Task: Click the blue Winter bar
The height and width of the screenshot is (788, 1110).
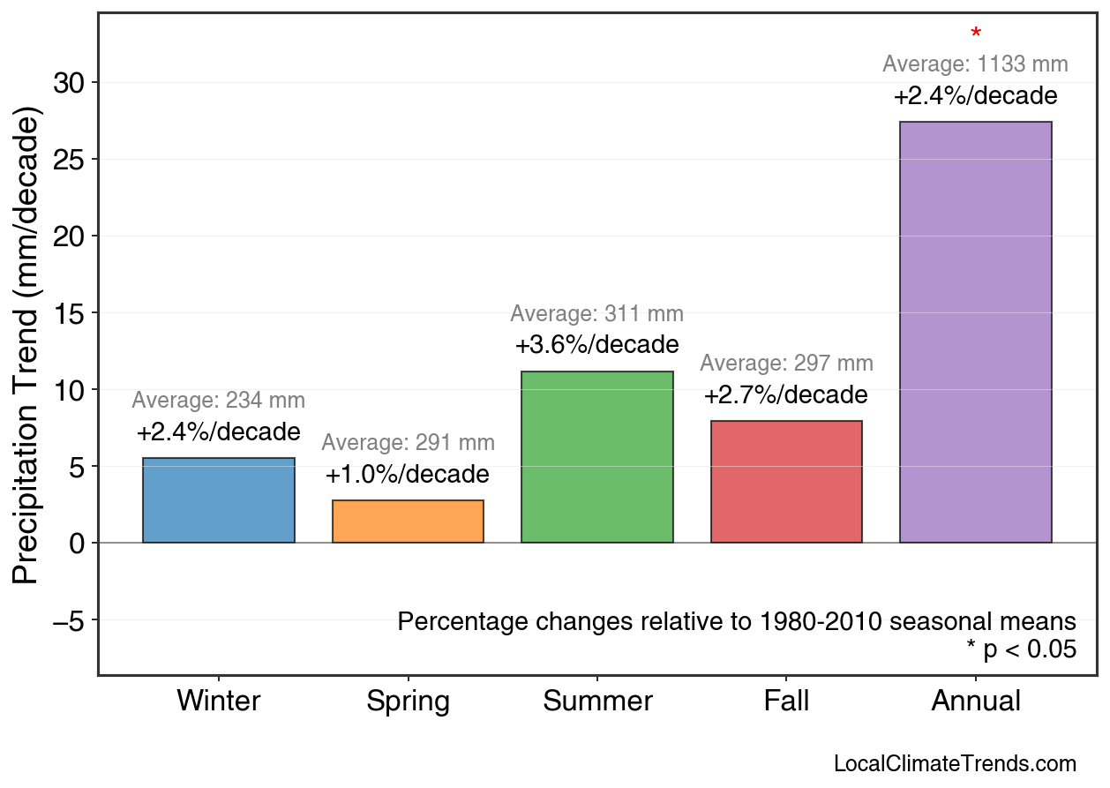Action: pos(218,500)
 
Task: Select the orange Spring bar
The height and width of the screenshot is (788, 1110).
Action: pos(408,522)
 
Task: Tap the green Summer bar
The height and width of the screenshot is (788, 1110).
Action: pos(596,457)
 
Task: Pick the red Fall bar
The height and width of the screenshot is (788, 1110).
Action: pos(786,482)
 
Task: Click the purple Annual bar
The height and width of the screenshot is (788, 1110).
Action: pos(975,332)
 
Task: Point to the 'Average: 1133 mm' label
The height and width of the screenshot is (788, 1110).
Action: pos(975,64)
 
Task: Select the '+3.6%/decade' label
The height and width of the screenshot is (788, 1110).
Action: pos(596,344)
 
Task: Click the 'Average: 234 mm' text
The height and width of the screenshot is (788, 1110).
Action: pos(218,401)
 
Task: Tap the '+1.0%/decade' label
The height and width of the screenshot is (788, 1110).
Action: pos(408,475)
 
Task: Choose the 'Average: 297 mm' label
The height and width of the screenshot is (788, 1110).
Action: pos(786,364)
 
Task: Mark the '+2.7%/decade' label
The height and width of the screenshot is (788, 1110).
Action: pos(786,394)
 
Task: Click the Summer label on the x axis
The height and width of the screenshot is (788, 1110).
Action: pos(596,702)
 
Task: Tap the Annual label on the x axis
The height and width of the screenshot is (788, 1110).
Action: pos(975,702)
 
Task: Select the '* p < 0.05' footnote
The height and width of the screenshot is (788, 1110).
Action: pos(1021,650)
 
